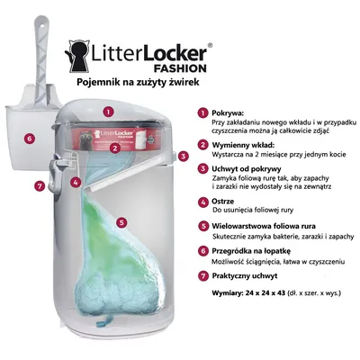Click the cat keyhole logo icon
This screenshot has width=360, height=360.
pyautogui.click(x=76, y=57)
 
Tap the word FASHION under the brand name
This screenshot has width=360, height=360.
pyautogui.click(x=180, y=68)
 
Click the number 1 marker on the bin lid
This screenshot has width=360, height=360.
pyautogui.click(x=108, y=112)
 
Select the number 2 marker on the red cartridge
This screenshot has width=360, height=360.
pyautogui.click(x=115, y=148)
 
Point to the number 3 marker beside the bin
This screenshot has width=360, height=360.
pyautogui.click(x=184, y=156)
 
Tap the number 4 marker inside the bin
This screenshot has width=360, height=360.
pyautogui.click(x=76, y=182)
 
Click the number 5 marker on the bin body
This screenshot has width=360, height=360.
pyautogui.click(x=121, y=222)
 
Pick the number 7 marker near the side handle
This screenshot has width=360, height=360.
pyautogui.click(x=40, y=186)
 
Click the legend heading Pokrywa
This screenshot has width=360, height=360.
pyautogui.click(x=228, y=113)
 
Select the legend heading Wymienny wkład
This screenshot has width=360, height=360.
pyautogui.click(x=243, y=145)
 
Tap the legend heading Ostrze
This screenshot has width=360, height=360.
pyautogui.click(x=223, y=201)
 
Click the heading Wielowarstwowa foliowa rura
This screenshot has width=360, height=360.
pyautogui.click(x=264, y=226)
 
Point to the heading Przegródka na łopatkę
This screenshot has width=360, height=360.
pyautogui.click(x=251, y=251)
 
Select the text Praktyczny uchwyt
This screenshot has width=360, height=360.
pyautogui.click(x=245, y=275)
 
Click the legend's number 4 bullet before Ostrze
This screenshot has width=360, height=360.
pyautogui.click(x=203, y=202)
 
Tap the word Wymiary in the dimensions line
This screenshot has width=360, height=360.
pyautogui.click(x=227, y=293)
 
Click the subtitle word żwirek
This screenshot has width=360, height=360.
pyautogui.click(x=184, y=82)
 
